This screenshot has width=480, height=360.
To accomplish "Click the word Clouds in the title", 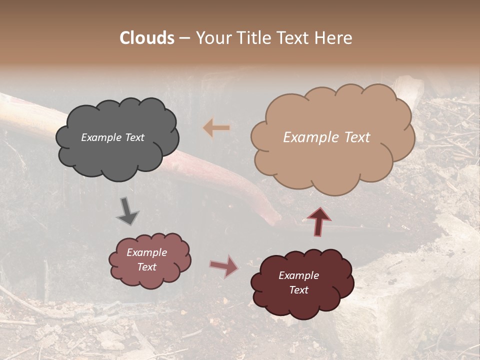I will [x=147, y=38].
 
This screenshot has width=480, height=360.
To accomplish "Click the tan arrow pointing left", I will [x=216, y=128].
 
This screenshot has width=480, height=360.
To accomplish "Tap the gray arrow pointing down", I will [x=128, y=210].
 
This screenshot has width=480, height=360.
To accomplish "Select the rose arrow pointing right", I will [x=224, y=266].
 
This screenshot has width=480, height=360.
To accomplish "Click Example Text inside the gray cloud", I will [x=112, y=137].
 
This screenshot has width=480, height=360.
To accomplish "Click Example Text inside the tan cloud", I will [x=326, y=137].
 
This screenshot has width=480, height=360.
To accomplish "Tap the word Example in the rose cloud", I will [x=146, y=252].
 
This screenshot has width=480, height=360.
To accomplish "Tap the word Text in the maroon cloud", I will [x=298, y=290].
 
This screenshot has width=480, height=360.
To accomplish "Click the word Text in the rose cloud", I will [x=146, y=267].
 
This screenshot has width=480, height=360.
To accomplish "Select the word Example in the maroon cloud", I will [x=298, y=275].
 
